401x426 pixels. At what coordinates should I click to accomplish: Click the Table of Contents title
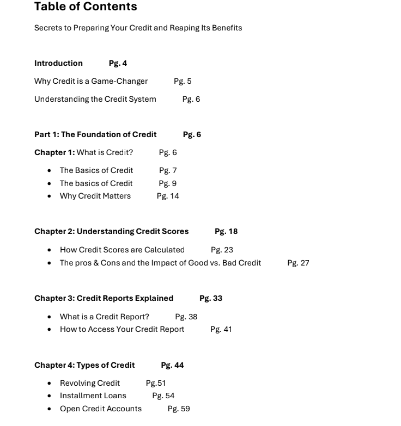point(86,7)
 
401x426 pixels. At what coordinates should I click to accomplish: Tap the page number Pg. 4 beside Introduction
point(118,63)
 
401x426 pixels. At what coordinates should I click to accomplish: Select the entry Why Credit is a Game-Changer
point(91,81)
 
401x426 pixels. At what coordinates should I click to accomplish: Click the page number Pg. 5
point(183,81)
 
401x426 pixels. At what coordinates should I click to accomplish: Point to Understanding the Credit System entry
point(95,99)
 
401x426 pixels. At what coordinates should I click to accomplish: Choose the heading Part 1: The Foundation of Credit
point(95,134)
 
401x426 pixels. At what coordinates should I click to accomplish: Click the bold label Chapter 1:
point(54,152)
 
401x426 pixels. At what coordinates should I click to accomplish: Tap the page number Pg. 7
point(168,170)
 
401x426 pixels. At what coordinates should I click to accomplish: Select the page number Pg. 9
point(168,183)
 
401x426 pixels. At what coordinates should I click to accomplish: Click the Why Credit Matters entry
point(95,196)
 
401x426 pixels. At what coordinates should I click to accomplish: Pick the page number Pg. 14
point(168,196)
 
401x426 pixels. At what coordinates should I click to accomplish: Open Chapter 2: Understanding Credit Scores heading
point(112,231)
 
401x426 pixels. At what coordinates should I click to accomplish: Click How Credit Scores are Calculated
point(122,250)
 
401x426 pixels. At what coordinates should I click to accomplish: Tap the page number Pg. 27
point(298,263)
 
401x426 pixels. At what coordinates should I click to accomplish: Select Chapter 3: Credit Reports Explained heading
point(104,298)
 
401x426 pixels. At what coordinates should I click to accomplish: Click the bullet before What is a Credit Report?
point(50,317)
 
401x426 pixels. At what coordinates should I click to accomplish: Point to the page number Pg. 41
point(221,329)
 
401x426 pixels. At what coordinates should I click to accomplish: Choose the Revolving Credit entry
point(90,383)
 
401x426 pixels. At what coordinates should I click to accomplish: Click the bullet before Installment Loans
point(50,396)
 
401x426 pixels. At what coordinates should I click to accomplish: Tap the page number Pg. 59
point(179,409)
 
